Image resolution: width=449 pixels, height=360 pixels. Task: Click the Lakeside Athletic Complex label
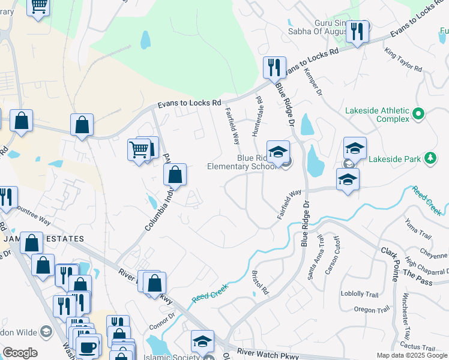(x=376, y=115)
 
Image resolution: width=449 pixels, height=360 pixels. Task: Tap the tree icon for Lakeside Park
(x=430, y=158)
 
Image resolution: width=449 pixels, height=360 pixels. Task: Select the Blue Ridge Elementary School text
(x=242, y=162)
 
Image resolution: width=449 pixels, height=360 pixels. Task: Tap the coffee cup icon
(x=88, y=347)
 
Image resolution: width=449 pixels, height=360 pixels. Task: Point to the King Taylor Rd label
(x=403, y=61)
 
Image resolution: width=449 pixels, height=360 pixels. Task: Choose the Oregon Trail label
(x=372, y=310)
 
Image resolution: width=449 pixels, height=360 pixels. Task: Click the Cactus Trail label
(x=418, y=347)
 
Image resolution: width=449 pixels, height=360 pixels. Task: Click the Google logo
(x=20, y=353)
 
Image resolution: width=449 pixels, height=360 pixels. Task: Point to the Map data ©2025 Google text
(x=411, y=355)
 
